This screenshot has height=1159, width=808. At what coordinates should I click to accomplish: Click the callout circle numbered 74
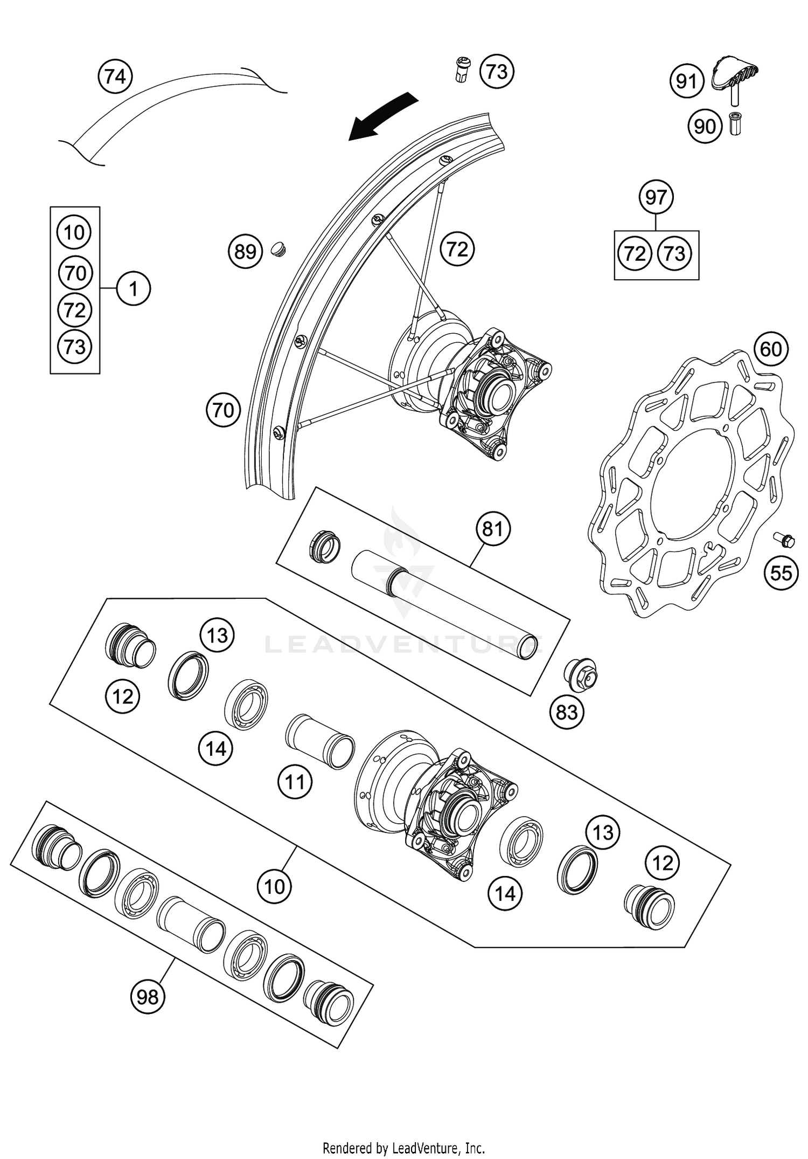tap(115, 77)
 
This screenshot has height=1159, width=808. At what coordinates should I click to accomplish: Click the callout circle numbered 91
tap(686, 81)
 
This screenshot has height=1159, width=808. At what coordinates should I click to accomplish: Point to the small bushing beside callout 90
tap(734, 125)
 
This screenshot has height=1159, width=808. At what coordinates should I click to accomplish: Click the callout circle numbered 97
tap(656, 197)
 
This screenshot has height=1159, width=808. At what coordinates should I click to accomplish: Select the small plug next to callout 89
tap(278, 249)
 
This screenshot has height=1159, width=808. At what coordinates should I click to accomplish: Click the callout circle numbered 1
tap(133, 289)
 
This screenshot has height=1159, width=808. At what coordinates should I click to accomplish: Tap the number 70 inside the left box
tap(75, 273)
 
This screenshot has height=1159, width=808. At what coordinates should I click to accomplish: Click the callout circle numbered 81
tap(492, 529)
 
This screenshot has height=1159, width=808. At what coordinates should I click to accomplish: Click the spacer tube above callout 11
tap(319, 741)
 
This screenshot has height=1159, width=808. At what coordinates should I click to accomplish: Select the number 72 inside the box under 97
tap(635, 253)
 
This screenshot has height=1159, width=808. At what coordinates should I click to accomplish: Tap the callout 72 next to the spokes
tap(457, 249)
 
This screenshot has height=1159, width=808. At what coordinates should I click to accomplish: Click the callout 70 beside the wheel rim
tap(223, 411)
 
